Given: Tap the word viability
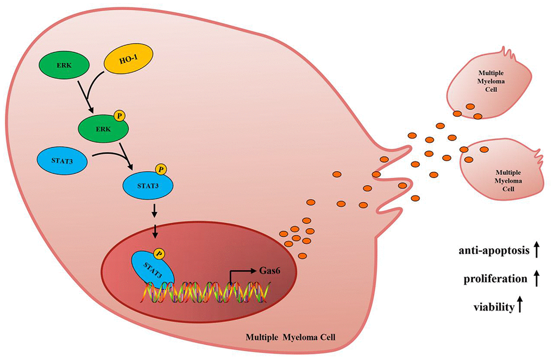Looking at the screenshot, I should coord(493,307).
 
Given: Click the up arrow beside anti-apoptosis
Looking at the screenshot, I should coord(536,250).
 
